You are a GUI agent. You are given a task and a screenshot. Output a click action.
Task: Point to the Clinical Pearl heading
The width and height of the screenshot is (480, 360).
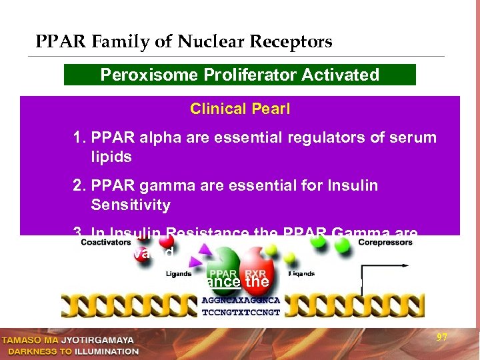click(x=239, y=109)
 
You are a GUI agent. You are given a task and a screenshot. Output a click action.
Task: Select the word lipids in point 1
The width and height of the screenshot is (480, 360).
click(x=113, y=157)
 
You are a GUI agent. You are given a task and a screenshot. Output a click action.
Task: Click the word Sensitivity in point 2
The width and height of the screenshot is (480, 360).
click(x=131, y=205)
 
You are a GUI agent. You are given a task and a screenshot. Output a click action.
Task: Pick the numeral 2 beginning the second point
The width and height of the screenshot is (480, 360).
click(x=77, y=185)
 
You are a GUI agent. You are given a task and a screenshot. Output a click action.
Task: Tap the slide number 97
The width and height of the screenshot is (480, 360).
click(x=441, y=338)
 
